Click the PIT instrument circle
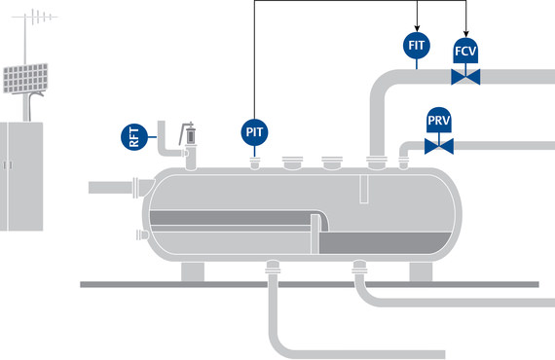point(254,131)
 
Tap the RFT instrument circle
point(135,137)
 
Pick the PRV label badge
point(439,122)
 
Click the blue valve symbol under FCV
point(466,76)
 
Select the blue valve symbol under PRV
point(439,147)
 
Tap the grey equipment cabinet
point(19,176)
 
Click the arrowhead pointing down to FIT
point(417,26)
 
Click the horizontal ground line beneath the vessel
point(292,284)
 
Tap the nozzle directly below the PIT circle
point(254,163)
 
